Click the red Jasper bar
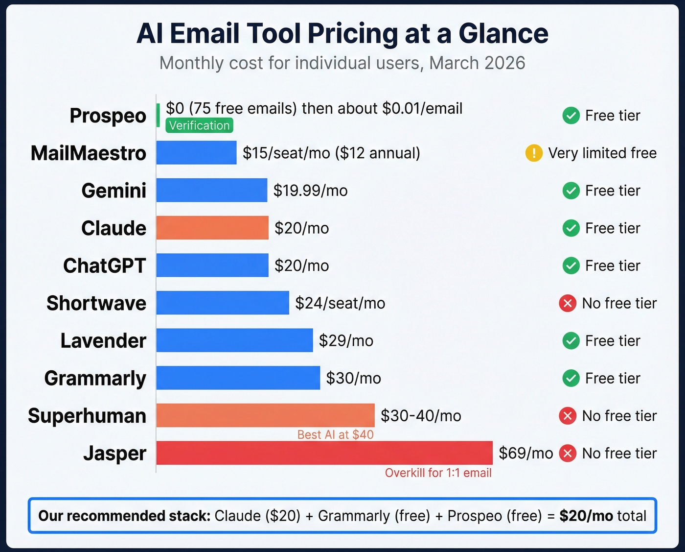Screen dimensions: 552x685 pos(324,453)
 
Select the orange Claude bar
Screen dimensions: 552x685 pos(212,228)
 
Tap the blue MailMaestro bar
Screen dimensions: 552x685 pos(196,153)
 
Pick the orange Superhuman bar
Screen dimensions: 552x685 pos(265,415)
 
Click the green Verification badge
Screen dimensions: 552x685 pos(199,125)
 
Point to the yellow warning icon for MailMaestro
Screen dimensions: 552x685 pos(534,153)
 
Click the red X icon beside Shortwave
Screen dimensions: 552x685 pos(568,303)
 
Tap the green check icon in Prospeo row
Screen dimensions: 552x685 pos(571,116)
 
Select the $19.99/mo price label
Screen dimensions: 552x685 pos(310,191)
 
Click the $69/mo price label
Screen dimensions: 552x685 pos(525,453)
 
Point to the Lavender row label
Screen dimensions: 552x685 pos(103,341)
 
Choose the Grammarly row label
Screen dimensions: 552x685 pos(95,378)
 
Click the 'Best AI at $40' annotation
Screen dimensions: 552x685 pos(335,434)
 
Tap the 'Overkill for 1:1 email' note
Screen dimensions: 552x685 pos(438,473)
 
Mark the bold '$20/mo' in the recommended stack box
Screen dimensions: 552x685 pos(586,516)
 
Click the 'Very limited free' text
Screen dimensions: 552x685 pos(602,153)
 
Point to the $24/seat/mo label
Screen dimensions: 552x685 pos(340,303)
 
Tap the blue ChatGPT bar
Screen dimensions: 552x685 pos(212,265)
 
